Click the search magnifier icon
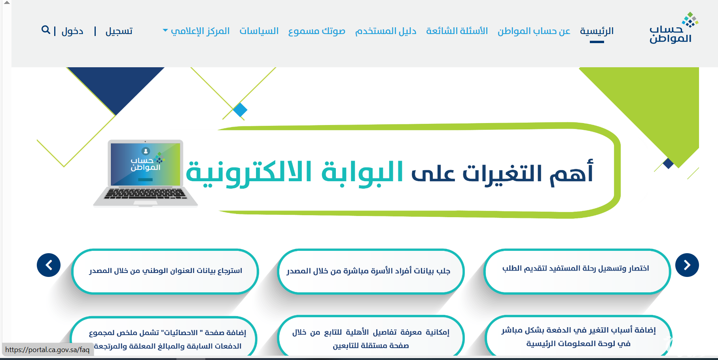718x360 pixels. pyautogui.click(x=46, y=30)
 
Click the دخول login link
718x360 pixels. pyautogui.click(x=72, y=31)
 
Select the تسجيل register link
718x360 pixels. pyautogui.click(x=119, y=31)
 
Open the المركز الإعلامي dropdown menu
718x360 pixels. pyautogui.click(x=196, y=31)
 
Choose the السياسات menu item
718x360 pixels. pyautogui.click(x=259, y=31)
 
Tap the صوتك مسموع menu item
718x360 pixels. pyautogui.click(x=317, y=31)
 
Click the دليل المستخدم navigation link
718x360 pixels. pyautogui.click(x=386, y=31)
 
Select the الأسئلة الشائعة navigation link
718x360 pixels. pyautogui.click(x=457, y=31)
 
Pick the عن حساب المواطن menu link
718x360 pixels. pyautogui.click(x=534, y=31)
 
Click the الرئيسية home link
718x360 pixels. pyautogui.click(x=597, y=31)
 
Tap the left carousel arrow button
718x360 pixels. pyautogui.click(x=49, y=265)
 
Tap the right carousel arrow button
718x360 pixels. pyautogui.click(x=687, y=265)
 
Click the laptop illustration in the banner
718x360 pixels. pyautogui.click(x=146, y=173)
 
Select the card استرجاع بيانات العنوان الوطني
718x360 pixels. pyautogui.click(x=165, y=271)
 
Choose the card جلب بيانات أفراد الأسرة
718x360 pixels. pyautogui.click(x=371, y=271)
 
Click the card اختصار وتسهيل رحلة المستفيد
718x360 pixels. pyautogui.click(x=577, y=271)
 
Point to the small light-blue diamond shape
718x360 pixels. pyautogui.click(x=240, y=110)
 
